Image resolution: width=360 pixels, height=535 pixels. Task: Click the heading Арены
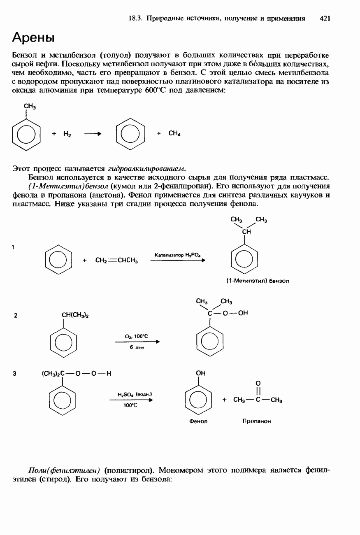[x=33, y=38]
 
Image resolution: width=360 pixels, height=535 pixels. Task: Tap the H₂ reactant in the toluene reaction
[x=67, y=134]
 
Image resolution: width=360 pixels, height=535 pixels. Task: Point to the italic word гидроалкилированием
[x=147, y=168]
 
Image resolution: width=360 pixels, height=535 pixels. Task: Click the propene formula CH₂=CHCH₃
[x=116, y=261]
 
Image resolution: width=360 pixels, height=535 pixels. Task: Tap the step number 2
[x=16, y=316]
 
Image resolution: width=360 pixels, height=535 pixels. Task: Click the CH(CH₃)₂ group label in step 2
[x=75, y=316]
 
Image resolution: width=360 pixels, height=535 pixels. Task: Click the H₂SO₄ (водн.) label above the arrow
[x=135, y=394]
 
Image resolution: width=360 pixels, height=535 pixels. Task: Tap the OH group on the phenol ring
[x=200, y=373]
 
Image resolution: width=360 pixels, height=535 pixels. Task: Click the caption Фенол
[x=198, y=421]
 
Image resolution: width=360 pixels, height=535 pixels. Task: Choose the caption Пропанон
[x=257, y=421]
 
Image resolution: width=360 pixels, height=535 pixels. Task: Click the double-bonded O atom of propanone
[x=258, y=383]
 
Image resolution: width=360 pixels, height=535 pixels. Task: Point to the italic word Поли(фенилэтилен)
[x=65, y=470]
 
